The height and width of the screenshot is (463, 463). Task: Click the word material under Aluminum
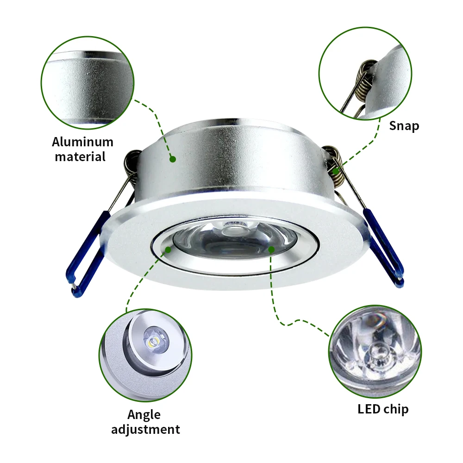[80, 156]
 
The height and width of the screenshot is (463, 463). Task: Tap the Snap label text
[404, 125]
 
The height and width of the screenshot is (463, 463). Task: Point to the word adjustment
[145, 429]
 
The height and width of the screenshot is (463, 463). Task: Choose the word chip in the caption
[395, 409]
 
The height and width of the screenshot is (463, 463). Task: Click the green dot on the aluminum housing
[172, 159]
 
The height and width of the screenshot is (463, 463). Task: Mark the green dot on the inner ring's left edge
[168, 250]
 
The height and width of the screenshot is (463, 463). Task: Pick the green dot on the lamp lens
[271, 250]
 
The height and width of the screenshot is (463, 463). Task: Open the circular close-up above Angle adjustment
[144, 352]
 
